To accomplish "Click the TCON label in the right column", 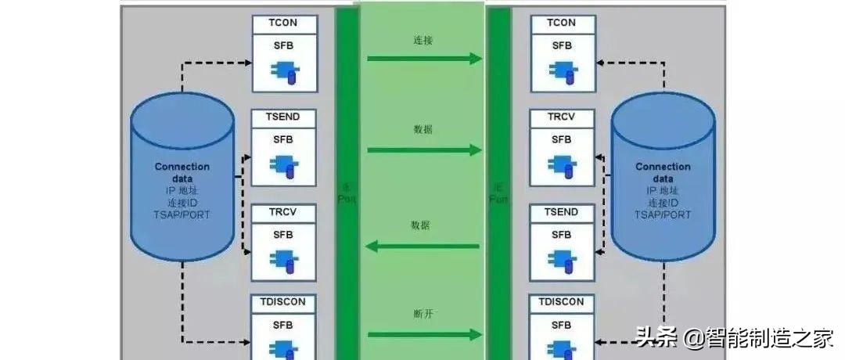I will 562,23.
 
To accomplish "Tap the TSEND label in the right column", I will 562,212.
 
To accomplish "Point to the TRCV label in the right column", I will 562,117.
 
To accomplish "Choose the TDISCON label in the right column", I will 562,301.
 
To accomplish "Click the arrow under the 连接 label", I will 423,58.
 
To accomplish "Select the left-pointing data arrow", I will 423,247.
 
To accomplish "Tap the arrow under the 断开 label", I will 423,335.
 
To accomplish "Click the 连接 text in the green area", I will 422,38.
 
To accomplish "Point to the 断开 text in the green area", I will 422,315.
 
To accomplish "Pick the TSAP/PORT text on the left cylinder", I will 182,214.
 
